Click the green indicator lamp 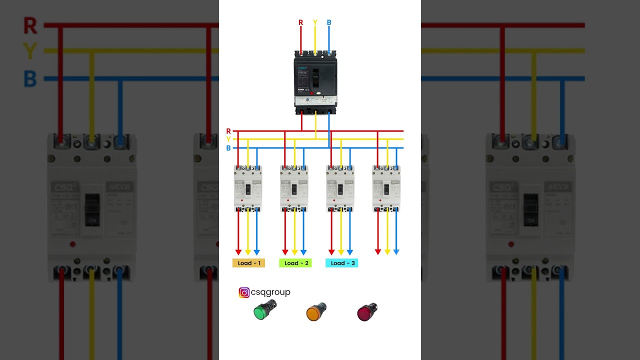(x=264, y=311)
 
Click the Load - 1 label (x=248, y=263)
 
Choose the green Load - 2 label (x=295, y=263)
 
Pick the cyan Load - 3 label (x=341, y=263)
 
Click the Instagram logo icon (x=244, y=293)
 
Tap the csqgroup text (x=270, y=292)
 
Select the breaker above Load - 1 (x=248, y=188)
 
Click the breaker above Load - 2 (x=294, y=188)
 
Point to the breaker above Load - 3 (x=340, y=188)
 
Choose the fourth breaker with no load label (x=386, y=188)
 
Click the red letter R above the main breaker (x=300, y=22)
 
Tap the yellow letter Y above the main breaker (x=315, y=22)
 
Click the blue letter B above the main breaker (x=329, y=22)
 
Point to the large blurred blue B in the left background (x=30, y=79)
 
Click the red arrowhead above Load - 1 (x=238, y=252)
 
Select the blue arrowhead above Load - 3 (x=350, y=252)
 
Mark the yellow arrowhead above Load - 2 (x=294, y=252)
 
